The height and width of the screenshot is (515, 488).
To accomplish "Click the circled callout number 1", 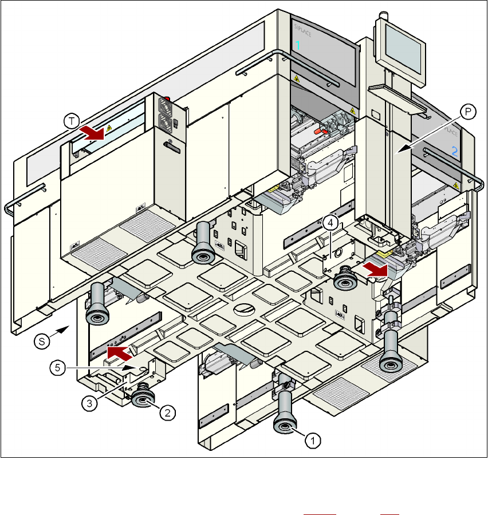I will pyautogui.click(x=312, y=440).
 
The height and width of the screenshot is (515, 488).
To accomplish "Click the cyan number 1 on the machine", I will pyautogui.click(x=297, y=46).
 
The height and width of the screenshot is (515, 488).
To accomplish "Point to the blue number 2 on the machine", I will pyautogui.click(x=455, y=152).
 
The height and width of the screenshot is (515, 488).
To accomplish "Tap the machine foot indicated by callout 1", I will pyautogui.click(x=285, y=423).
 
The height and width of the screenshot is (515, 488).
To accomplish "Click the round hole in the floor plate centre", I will pyautogui.click(x=245, y=308).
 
